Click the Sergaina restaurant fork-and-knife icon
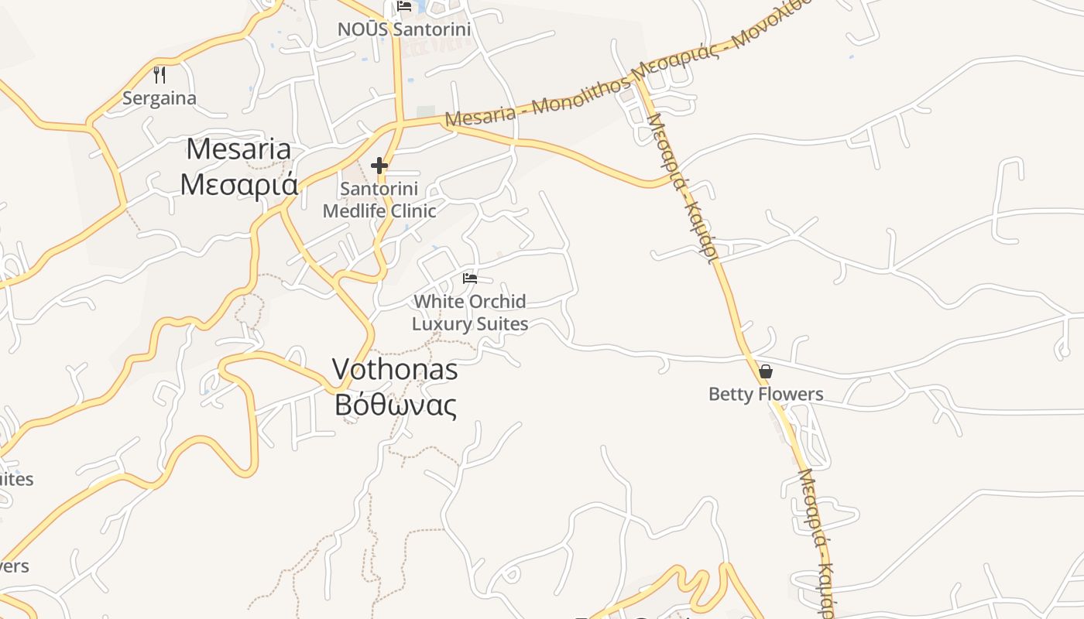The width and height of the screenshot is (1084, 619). point(160,75)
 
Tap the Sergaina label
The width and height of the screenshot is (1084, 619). point(160,99)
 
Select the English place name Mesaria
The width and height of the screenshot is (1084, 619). point(238,149)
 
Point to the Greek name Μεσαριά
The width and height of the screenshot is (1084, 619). point(238,184)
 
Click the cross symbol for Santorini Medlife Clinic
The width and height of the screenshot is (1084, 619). point(379,166)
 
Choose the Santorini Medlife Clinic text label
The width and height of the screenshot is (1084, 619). point(379,200)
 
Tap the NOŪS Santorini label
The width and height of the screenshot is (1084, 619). point(404,29)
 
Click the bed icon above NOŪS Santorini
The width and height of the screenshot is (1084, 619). point(404,6)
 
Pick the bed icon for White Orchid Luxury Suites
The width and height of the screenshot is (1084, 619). point(470,278)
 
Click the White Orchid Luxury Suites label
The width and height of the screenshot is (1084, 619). point(470,313)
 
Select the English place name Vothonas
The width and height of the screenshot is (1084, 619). point(395,370)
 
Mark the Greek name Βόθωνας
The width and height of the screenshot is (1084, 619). point(395,405)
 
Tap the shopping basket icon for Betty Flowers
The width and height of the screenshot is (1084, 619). point(766,371)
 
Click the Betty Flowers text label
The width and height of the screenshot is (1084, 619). point(766,395)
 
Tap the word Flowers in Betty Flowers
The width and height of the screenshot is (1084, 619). point(791,395)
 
